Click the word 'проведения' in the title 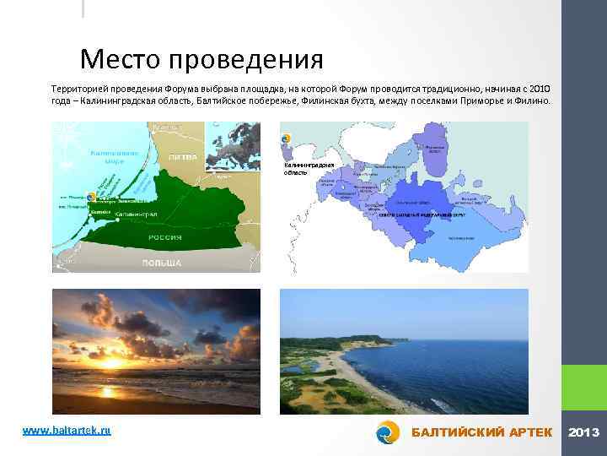245,61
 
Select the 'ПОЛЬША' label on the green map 161,263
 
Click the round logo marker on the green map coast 92,196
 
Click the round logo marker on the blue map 286,138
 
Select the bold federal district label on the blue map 416,214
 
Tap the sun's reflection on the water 108,392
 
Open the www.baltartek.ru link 67,431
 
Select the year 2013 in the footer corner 584,432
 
